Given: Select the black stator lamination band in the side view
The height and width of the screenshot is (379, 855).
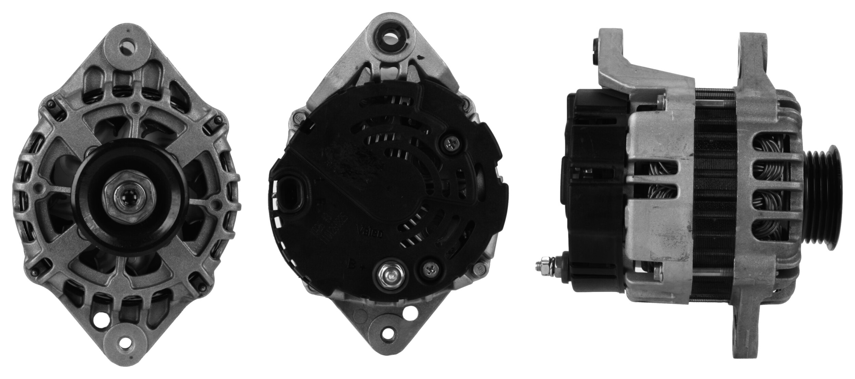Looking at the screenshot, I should click(713, 192).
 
